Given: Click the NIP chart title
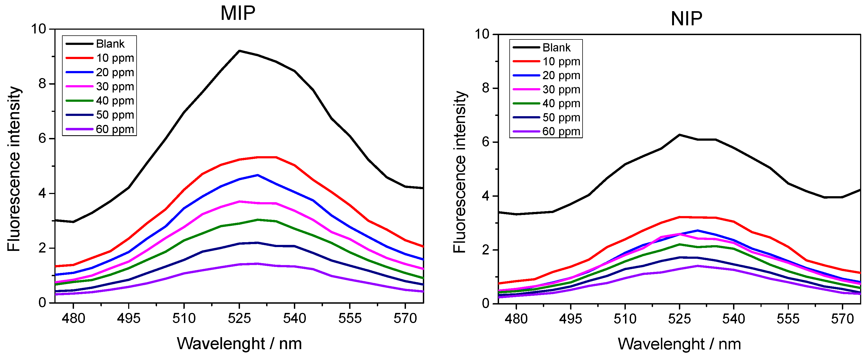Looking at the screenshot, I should (687, 19).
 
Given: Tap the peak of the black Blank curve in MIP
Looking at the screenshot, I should (239, 51).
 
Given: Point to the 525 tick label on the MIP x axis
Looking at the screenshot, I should (239, 318).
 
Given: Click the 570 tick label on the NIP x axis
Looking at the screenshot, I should (842, 319).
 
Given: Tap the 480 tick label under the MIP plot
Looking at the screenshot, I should (73, 318).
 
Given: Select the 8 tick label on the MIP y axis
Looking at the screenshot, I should (42, 84).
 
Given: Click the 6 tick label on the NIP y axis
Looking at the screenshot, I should (485, 142).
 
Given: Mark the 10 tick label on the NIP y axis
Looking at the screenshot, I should (482, 34).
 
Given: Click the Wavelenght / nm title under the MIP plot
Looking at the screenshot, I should (239, 344).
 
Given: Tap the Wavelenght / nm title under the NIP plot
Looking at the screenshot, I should (679, 344).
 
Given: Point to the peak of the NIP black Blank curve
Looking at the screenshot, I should (680, 135).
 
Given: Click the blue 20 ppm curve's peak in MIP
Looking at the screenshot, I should (258, 175).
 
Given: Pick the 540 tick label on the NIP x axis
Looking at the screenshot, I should (734, 319).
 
